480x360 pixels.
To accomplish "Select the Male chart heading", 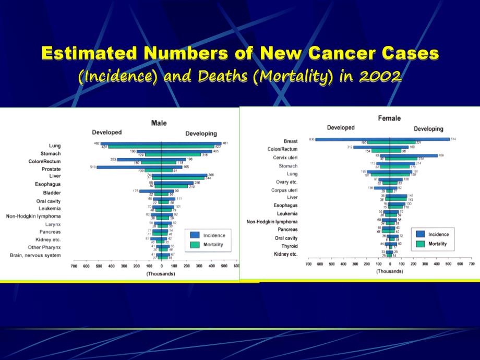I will point(159,123).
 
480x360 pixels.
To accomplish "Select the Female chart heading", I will point(389,118).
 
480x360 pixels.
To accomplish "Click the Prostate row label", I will point(51,169).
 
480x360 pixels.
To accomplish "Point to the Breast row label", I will point(291,141).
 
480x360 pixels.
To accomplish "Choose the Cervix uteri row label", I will point(285,158).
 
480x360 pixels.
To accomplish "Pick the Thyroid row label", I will point(290,245).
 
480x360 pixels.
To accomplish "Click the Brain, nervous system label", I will point(35,255).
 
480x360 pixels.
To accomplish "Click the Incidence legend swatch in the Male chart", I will point(195,235).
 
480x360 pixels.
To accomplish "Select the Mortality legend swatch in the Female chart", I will point(420,244).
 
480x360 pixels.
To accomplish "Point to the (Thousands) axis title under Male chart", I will point(161,274).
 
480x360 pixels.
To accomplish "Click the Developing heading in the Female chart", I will point(428,129).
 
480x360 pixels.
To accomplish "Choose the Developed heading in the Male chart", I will point(107,133).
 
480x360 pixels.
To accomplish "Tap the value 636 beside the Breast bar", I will point(311,139).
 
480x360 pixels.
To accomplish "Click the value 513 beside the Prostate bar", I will point(93,167).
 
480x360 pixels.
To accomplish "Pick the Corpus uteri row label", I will point(285,189).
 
